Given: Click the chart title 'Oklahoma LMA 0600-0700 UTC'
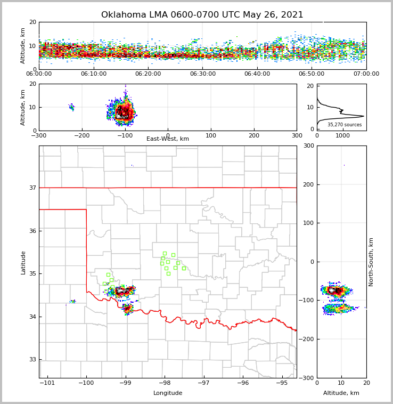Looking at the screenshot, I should pyautogui.click(x=202, y=15).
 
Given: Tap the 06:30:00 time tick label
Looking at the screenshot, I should pyautogui.click(x=203, y=74).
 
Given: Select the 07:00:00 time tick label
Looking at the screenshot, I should pyautogui.click(x=366, y=74).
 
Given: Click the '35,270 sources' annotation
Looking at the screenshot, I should pyautogui.click(x=345, y=125).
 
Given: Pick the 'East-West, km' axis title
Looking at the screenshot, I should pyautogui.click(x=168, y=139).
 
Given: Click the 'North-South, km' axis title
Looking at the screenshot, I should pyautogui.click(x=371, y=262).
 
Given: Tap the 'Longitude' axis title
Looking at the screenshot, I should pyautogui.click(x=168, y=393).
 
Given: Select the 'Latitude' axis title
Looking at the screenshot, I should pyautogui.click(x=23, y=262).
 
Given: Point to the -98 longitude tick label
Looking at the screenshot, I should pyautogui.click(x=164, y=383).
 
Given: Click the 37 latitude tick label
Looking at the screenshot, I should pyautogui.click(x=32, y=188).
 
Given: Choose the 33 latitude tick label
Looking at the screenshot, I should pyautogui.click(x=32, y=360).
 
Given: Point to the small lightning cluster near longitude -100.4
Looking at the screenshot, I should pyautogui.click(x=73, y=302).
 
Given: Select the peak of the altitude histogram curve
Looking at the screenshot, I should pyautogui.click(x=363, y=116).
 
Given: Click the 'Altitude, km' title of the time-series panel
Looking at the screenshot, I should pyautogui.click(x=23, y=46).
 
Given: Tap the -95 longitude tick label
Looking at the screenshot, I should pyautogui.click(x=282, y=383).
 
